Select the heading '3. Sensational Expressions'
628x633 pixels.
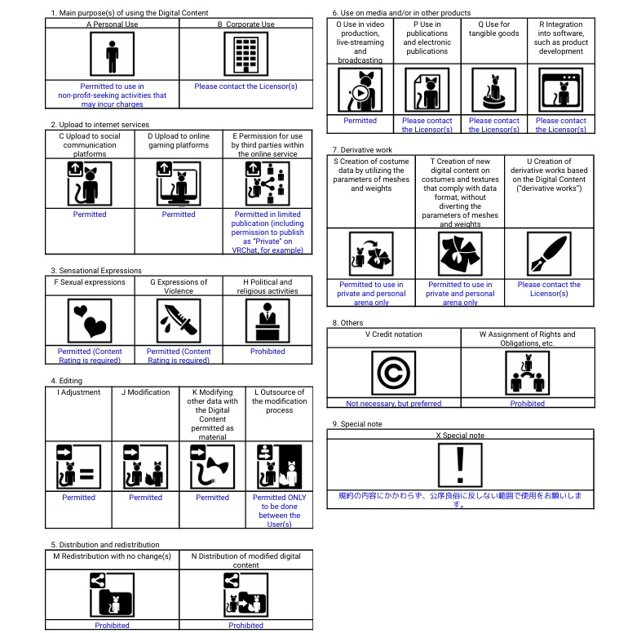pos(96,271)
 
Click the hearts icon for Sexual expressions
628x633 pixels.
pos(90,321)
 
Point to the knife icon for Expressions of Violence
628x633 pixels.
pos(179,321)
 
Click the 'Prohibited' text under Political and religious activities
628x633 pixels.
pos(268,352)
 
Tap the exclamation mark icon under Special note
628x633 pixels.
pos(461,464)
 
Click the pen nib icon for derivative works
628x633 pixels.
pos(549,254)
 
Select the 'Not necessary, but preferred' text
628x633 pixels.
pos(394,403)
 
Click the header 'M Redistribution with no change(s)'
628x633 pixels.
pos(112,556)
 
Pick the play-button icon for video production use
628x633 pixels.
pos(360,91)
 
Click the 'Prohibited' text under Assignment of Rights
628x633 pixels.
pos(528,403)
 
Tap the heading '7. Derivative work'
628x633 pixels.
pos(362,150)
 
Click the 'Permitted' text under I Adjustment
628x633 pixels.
pos(78,498)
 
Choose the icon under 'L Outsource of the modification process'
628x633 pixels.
pos(279,466)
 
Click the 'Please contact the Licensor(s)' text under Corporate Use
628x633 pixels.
pos(245,86)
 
